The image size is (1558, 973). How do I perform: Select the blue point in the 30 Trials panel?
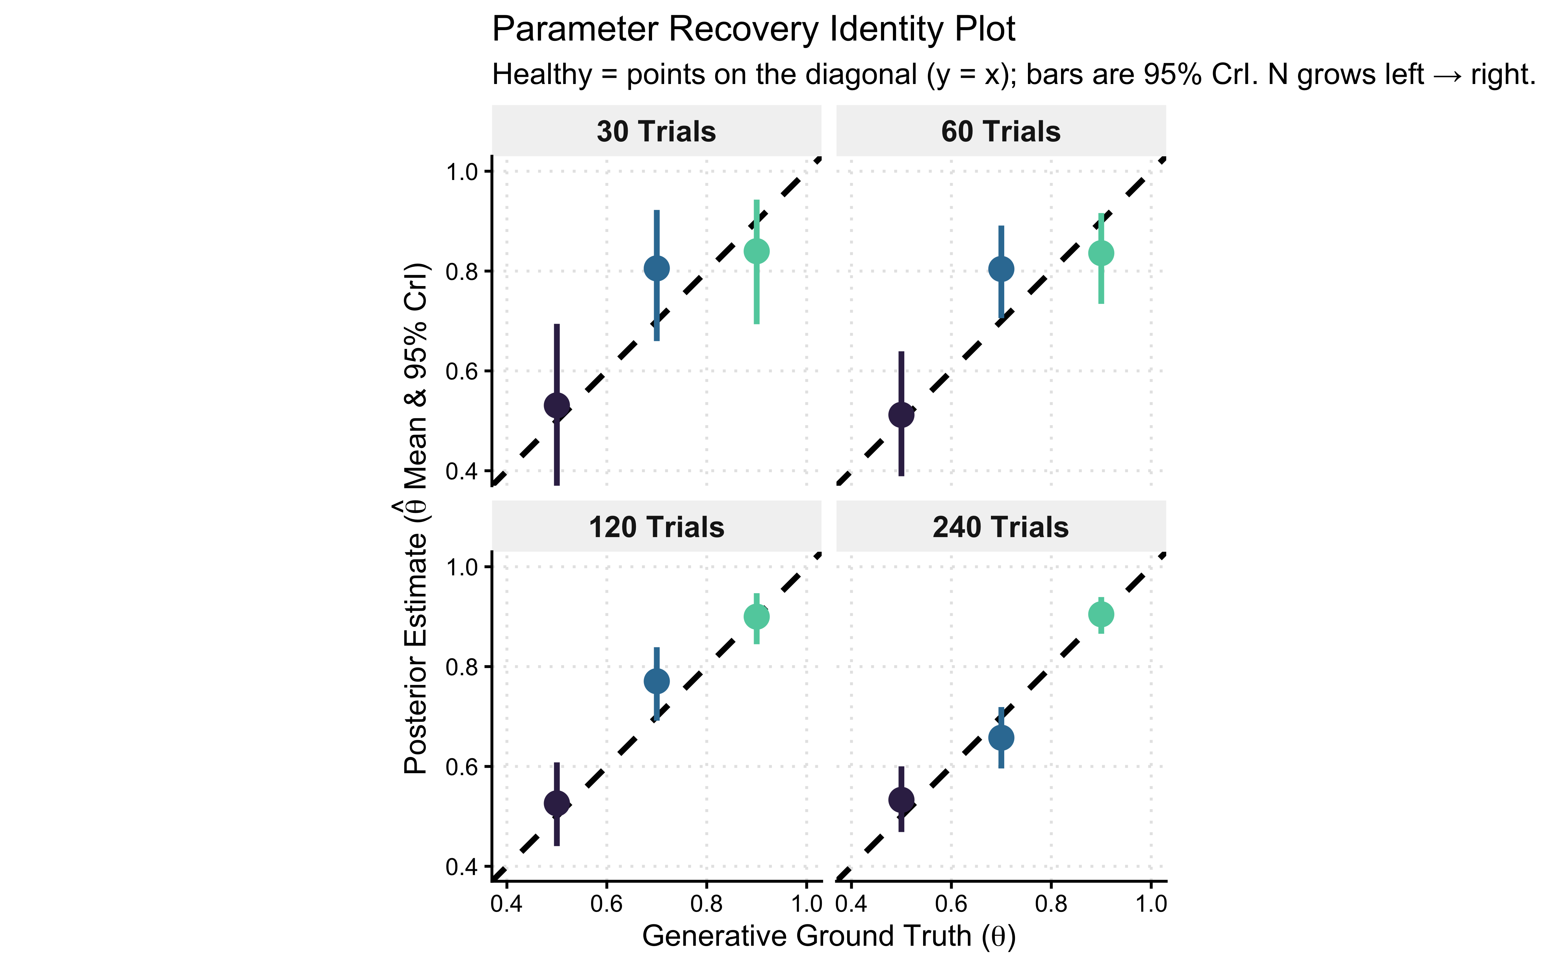click(x=657, y=268)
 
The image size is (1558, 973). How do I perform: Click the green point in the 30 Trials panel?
click(x=757, y=251)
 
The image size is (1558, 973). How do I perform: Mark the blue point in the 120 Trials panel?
click(x=657, y=681)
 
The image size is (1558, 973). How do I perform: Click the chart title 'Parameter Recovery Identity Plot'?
click(x=753, y=30)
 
